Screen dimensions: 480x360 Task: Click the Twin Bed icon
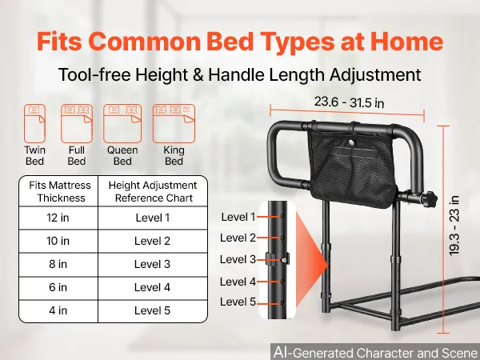pos(34,123)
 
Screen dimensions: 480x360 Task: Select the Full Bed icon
pos(77,123)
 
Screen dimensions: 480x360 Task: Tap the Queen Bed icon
pos(122,123)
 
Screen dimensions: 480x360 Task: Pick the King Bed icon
pos(174,123)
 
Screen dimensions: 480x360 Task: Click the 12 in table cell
pos(58,218)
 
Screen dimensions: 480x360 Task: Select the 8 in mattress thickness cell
pos(58,264)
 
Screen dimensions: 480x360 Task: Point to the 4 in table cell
pos(58,310)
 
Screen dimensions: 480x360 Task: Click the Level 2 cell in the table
pos(153,241)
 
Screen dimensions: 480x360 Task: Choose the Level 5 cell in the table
pos(153,310)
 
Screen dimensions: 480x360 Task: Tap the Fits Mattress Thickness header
pos(60,192)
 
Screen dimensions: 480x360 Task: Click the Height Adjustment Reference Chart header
pos(153,192)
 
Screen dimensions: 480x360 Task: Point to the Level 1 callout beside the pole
pos(238,217)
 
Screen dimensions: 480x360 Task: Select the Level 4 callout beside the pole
pos(238,282)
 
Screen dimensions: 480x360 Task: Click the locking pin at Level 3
pos(285,260)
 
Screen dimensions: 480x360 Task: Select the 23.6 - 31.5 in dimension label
pos(349,102)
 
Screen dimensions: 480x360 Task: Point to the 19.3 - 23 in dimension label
pos(454,226)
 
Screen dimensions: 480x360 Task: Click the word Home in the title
pos(407,41)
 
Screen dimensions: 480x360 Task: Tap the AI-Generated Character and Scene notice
pos(376,352)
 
